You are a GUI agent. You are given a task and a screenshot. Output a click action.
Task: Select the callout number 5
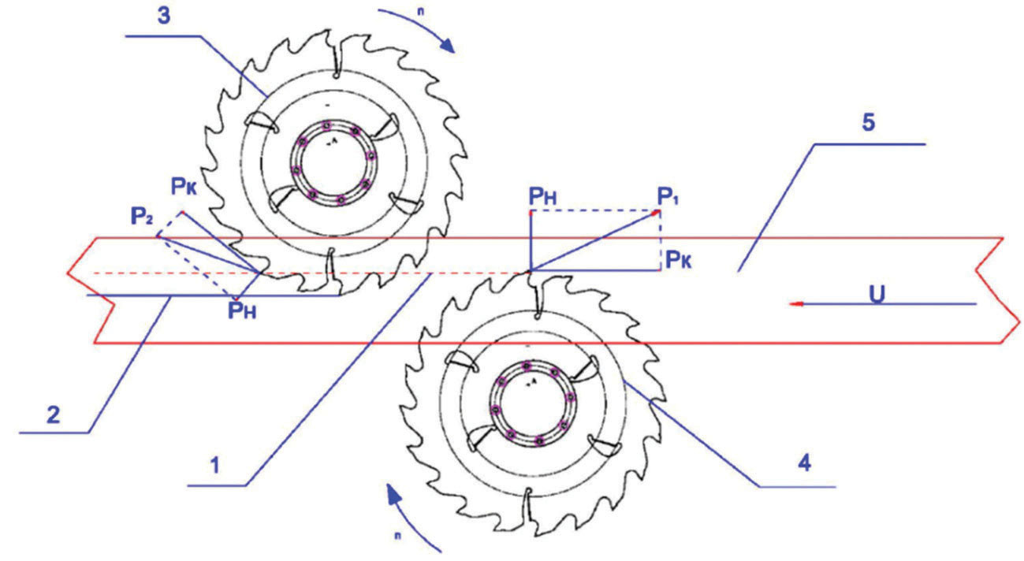[869, 124]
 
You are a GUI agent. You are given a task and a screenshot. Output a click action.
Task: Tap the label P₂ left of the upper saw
[142, 214]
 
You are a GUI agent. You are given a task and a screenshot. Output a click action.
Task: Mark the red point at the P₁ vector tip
[659, 210]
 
